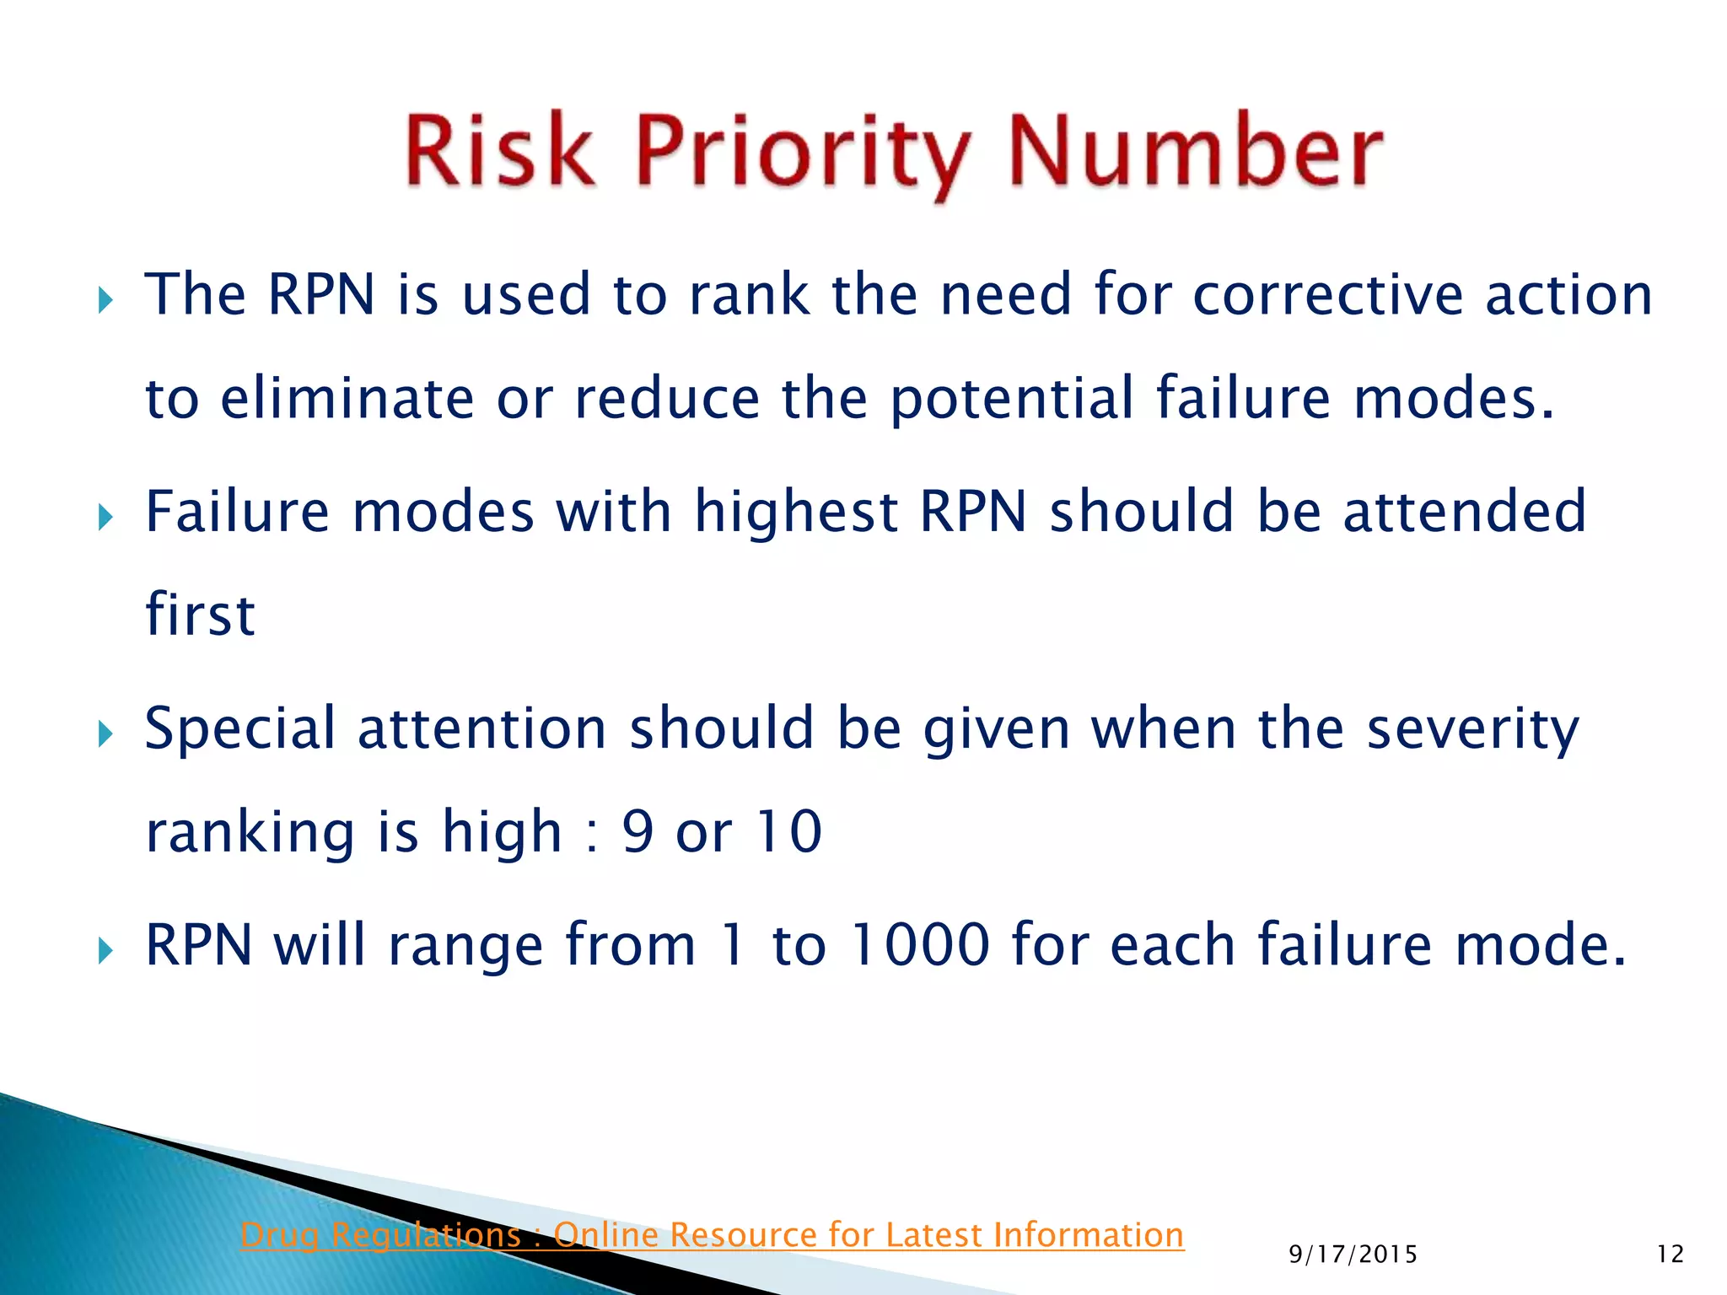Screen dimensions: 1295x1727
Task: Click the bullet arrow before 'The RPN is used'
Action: click(105, 299)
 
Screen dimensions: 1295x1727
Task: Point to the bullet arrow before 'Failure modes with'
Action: click(105, 516)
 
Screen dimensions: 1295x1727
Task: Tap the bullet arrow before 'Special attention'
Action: click(105, 733)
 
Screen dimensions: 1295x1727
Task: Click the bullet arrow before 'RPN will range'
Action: click(105, 950)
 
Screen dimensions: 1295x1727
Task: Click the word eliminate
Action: click(347, 398)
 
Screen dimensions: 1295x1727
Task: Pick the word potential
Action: click(1012, 400)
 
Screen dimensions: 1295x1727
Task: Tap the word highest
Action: click(796, 513)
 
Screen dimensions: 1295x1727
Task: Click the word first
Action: click(200, 615)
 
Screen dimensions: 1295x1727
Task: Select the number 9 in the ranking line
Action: click(638, 832)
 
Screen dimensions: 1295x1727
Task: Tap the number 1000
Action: click(919, 945)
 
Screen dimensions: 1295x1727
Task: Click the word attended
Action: click(1464, 512)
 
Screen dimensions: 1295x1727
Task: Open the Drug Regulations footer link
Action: click(712, 1235)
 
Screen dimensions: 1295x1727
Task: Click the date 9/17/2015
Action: click(1353, 1255)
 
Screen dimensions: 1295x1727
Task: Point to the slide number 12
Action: click(1670, 1255)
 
